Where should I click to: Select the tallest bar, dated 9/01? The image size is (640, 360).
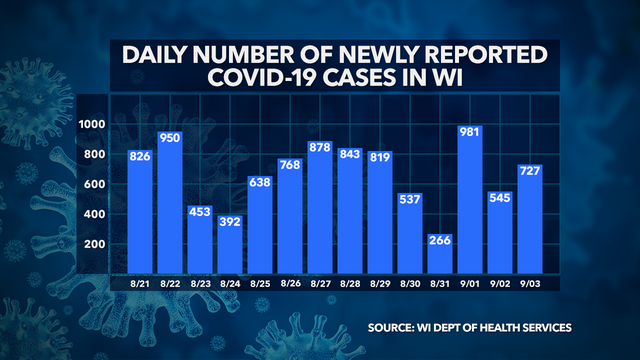[471, 200]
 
